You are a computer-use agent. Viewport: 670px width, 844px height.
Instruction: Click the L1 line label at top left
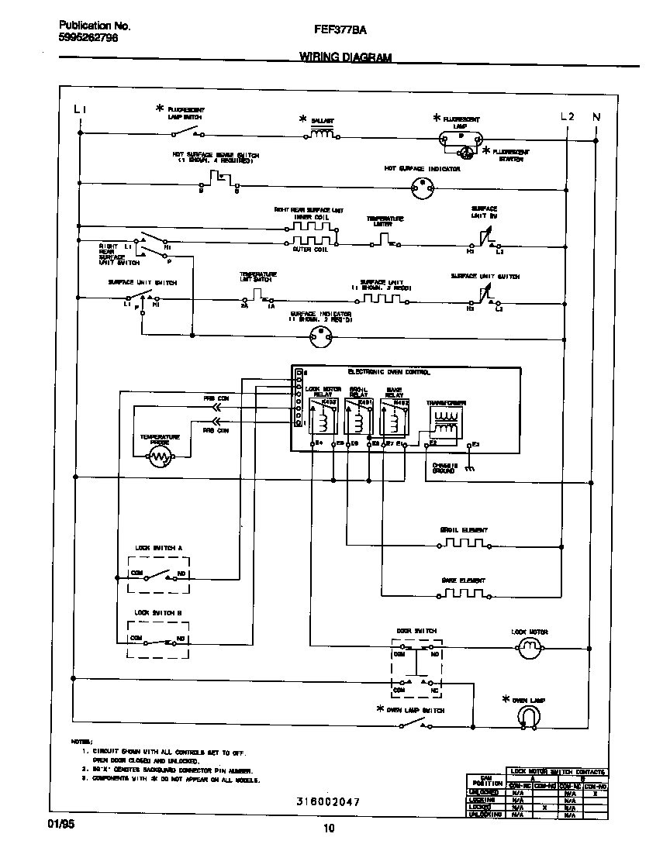point(80,109)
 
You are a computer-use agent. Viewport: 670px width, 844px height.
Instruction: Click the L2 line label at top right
point(568,117)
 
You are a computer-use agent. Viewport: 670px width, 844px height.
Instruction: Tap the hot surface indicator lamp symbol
point(423,187)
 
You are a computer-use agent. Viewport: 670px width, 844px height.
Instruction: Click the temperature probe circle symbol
point(161,458)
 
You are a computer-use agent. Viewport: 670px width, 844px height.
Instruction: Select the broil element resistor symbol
point(464,544)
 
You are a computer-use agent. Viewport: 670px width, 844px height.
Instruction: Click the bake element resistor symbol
point(464,595)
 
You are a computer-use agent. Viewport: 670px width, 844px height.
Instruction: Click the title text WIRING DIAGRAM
point(345,57)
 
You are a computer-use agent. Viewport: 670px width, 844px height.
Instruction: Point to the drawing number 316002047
point(327,801)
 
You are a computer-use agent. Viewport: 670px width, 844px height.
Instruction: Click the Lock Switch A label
point(158,548)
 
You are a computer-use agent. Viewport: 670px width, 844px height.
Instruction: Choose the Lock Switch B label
point(158,612)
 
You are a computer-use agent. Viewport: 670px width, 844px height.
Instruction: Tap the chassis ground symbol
point(468,469)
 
